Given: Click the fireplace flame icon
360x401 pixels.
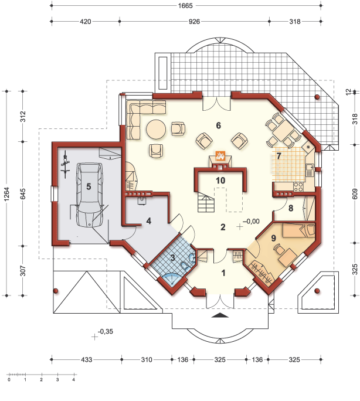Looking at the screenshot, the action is click(x=220, y=155).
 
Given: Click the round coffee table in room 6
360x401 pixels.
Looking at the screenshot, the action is click(x=156, y=130).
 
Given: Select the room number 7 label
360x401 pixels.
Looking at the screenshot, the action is click(x=279, y=156).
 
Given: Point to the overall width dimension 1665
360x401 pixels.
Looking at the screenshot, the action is click(x=185, y=5).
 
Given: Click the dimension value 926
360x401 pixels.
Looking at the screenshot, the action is click(x=194, y=22).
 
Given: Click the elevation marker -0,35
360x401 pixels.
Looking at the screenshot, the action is click(x=106, y=331).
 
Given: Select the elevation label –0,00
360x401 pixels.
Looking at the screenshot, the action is click(x=251, y=222).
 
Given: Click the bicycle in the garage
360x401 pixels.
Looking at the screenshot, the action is click(x=66, y=164).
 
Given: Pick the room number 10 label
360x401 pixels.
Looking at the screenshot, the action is click(x=220, y=181).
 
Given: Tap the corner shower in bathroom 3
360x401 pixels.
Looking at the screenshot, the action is click(x=171, y=278).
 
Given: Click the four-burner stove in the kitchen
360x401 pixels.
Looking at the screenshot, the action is click(x=298, y=187).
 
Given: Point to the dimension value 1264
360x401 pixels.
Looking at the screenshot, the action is click(x=6, y=193).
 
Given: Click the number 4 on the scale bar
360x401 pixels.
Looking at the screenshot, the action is click(x=74, y=380).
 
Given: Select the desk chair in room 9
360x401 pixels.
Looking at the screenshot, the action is click(x=278, y=249).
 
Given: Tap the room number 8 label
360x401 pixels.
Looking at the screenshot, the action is click(x=291, y=208).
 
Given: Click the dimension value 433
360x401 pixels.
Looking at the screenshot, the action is click(x=86, y=360).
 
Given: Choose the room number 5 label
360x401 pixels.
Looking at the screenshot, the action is click(x=89, y=186).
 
